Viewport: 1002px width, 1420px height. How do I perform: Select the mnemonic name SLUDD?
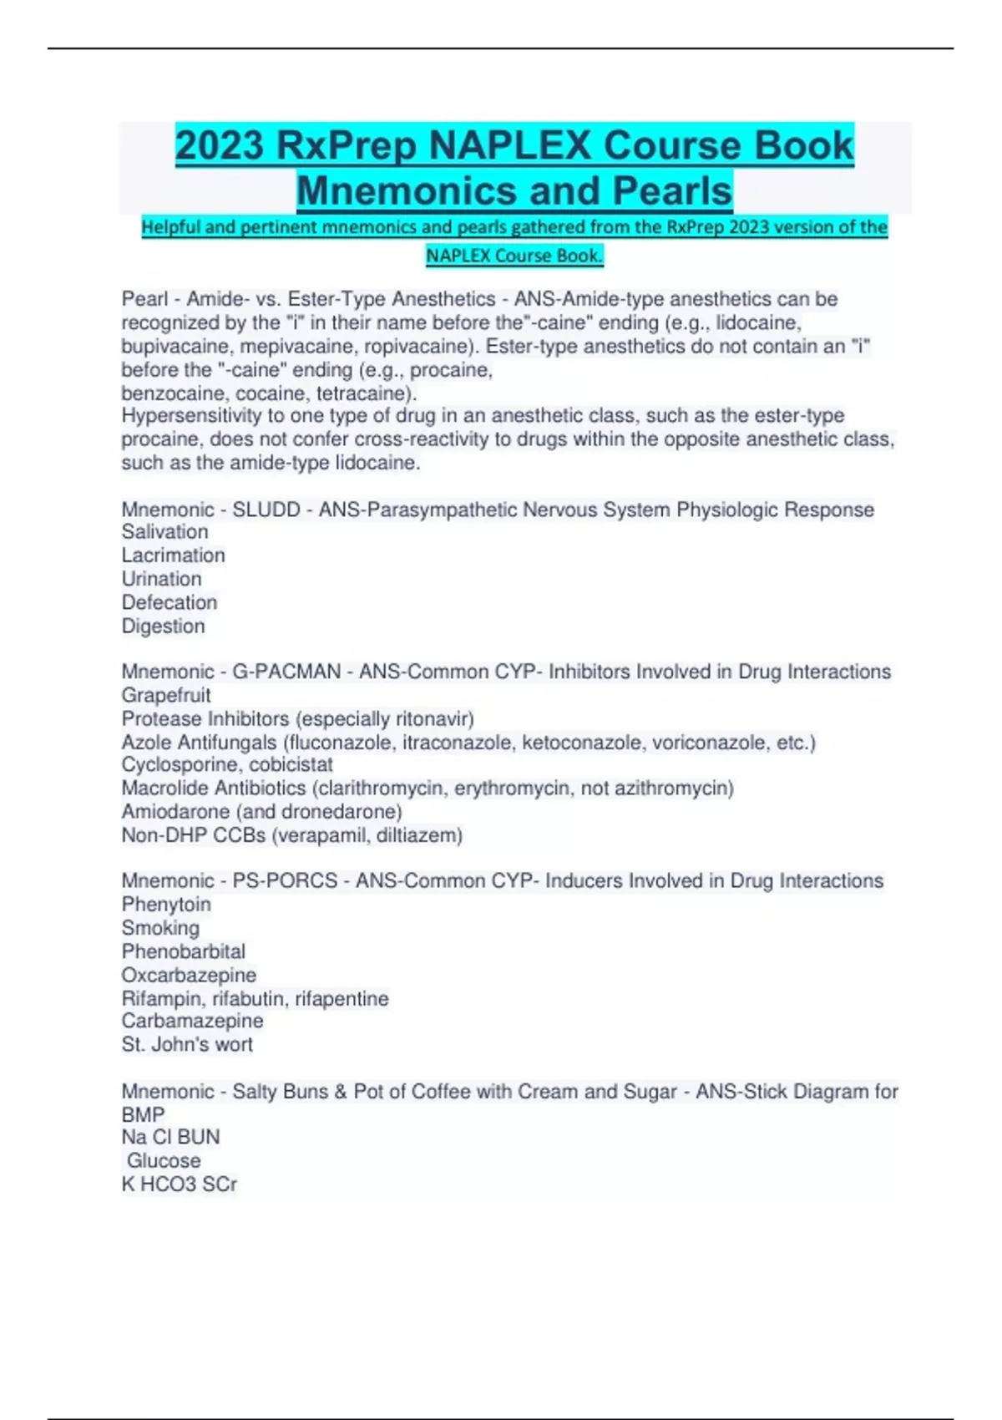266,510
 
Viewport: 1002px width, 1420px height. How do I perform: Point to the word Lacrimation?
173,555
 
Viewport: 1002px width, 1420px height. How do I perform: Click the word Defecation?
170,602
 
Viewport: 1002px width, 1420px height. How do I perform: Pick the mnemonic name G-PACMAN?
286,672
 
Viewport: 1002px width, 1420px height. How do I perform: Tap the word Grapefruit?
166,695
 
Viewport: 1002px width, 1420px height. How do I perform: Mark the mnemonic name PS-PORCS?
285,880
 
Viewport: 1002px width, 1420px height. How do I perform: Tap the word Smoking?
160,928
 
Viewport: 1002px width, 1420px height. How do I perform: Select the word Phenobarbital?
184,951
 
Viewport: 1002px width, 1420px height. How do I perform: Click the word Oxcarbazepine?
189,975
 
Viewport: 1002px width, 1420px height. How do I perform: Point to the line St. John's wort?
187,1044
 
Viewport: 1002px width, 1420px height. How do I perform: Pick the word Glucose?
164,1160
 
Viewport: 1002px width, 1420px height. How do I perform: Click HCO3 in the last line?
168,1184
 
